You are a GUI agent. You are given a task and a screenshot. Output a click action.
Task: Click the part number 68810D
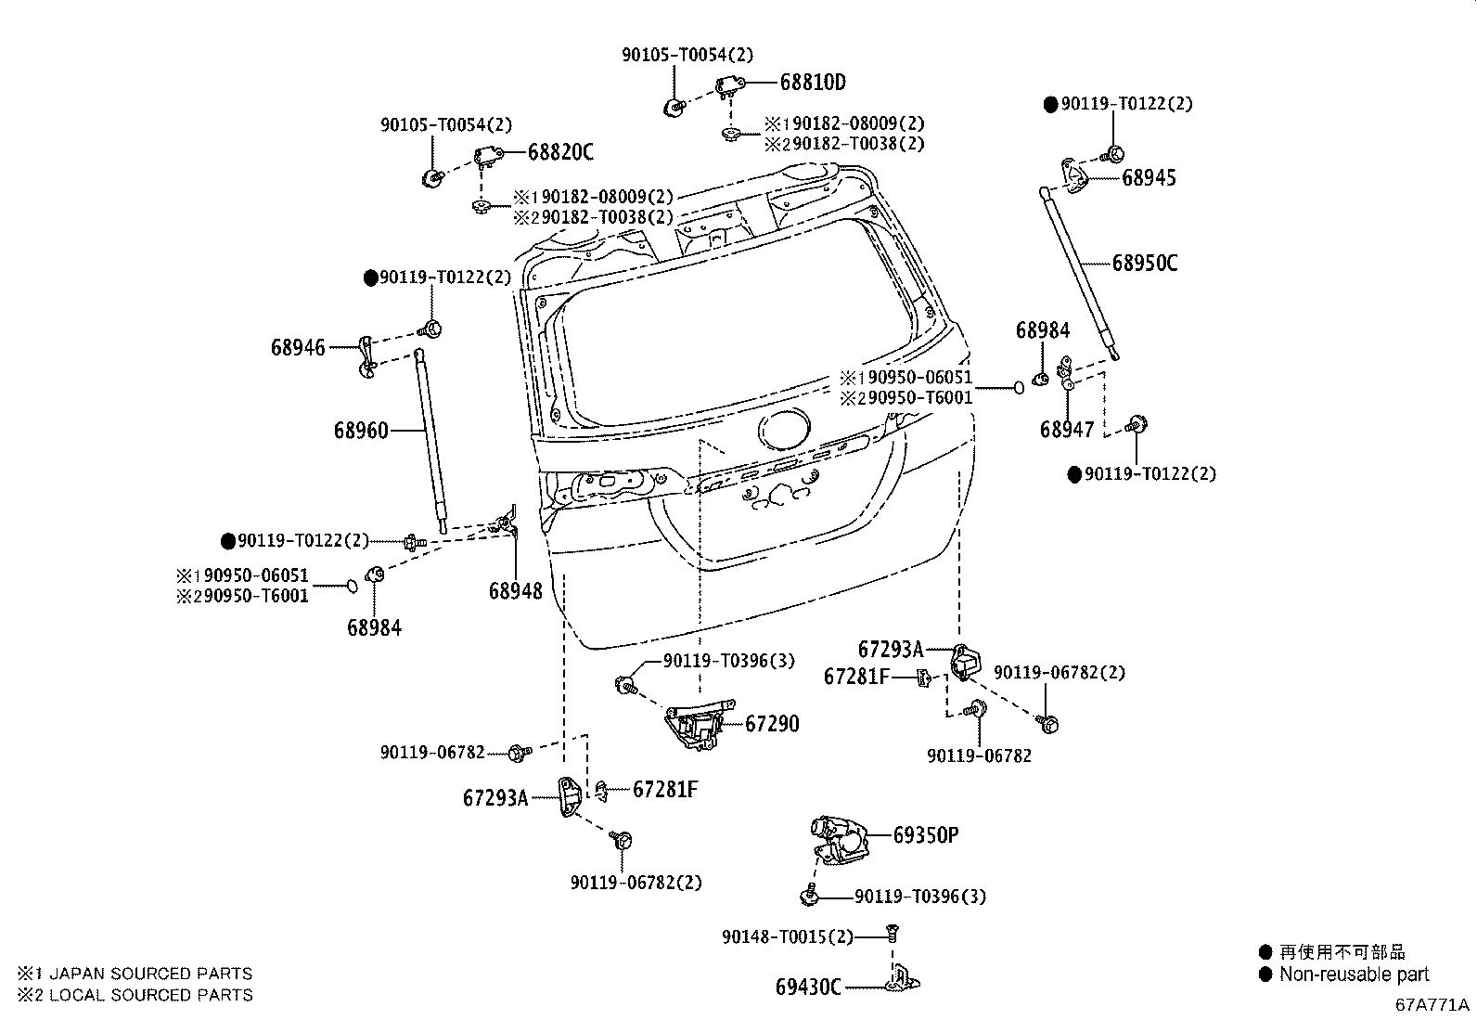(x=812, y=82)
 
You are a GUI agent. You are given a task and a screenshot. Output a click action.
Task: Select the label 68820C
(x=560, y=152)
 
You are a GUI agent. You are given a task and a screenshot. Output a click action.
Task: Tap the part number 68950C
(x=1145, y=263)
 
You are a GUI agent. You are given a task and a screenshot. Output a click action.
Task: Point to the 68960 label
(x=361, y=431)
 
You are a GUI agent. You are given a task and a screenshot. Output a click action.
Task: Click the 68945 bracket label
(x=1149, y=178)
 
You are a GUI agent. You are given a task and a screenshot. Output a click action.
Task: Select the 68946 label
(x=298, y=348)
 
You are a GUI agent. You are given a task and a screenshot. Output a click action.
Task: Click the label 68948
(x=515, y=591)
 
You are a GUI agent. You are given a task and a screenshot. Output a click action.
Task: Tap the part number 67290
(x=771, y=724)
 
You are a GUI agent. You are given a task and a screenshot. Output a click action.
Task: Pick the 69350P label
(x=925, y=835)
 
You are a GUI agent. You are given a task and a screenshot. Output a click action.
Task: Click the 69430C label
(x=807, y=987)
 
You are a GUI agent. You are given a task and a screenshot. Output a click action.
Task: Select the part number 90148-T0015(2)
(x=787, y=937)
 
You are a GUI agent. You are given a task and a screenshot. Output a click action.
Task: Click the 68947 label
(x=1067, y=430)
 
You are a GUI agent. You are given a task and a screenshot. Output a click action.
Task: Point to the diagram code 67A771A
(x=1432, y=1005)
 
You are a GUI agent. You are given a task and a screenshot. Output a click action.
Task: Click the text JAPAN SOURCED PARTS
(x=149, y=974)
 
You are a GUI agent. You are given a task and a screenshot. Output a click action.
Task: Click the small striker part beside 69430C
(x=902, y=979)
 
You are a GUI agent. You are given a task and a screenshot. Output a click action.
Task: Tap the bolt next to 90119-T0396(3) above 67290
(x=624, y=685)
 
